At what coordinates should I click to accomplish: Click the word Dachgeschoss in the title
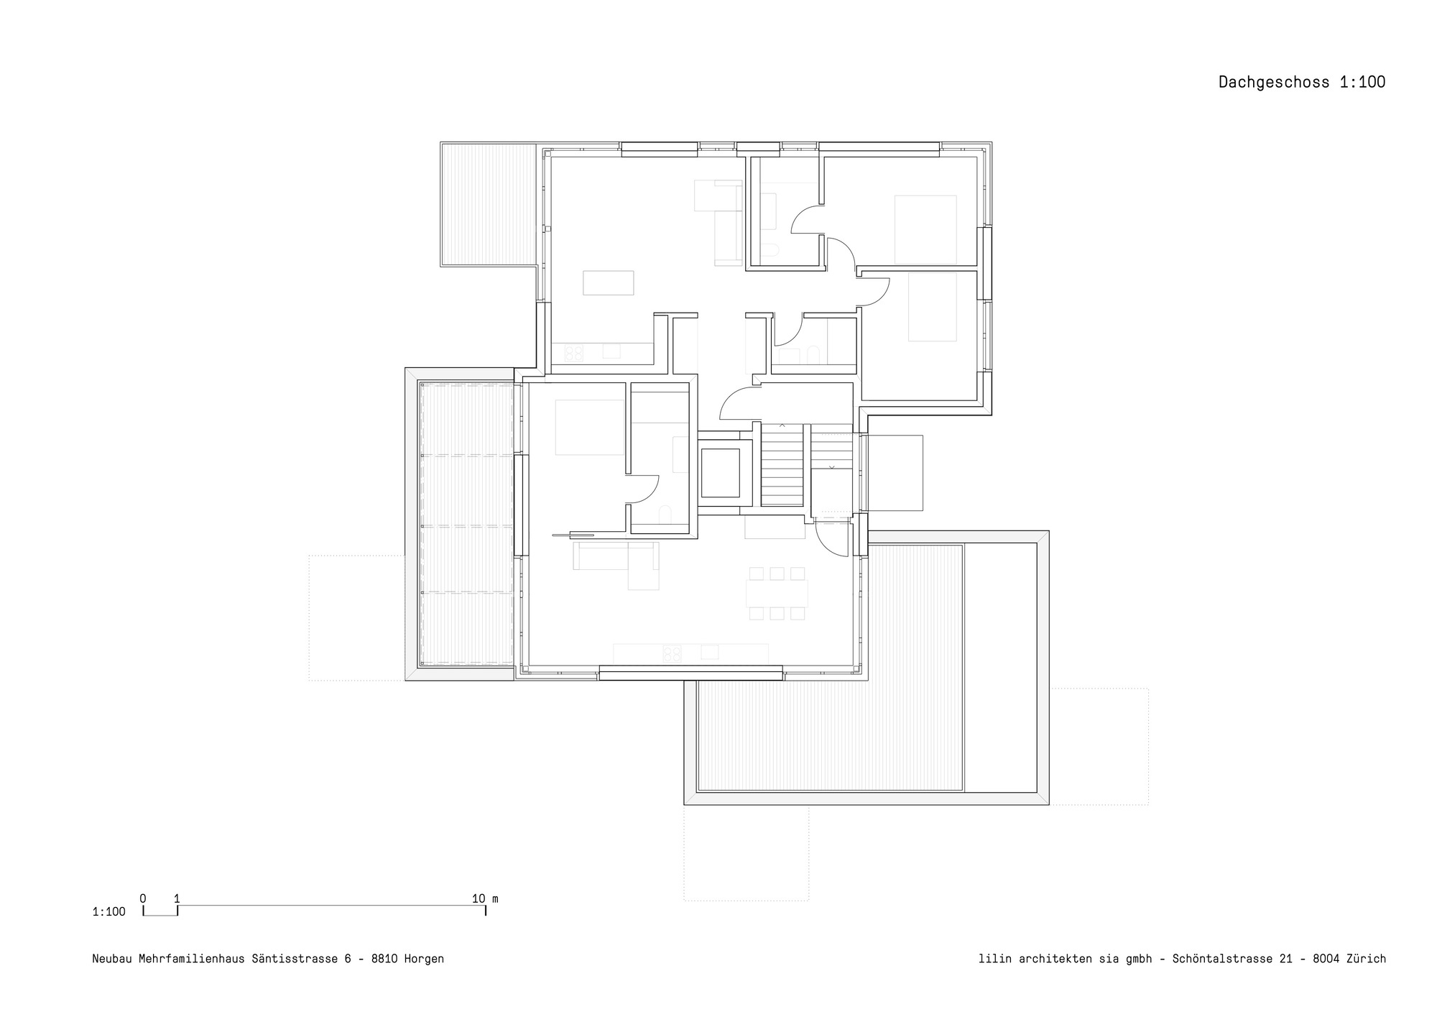point(1275,82)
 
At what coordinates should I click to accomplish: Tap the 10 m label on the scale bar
point(485,898)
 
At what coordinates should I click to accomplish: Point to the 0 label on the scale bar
point(143,898)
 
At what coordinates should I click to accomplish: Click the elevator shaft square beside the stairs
point(720,472)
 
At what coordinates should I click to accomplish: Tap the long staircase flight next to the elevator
point(782,465)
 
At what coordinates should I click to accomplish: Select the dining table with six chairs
point(777,593)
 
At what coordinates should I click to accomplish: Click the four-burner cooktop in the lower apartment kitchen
point(672,653)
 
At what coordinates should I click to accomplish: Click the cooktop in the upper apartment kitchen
point(574,352)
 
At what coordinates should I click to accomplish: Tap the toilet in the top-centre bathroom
point(771,251)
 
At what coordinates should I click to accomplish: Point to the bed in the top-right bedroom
point(925,229)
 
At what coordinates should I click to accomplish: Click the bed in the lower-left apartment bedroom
point(589,428)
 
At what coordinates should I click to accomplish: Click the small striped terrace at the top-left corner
point(489,204)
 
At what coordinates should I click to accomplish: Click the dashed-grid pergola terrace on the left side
point(468,524)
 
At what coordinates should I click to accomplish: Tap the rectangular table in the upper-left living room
point(608,282)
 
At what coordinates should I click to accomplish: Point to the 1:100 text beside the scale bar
point(108,912)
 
